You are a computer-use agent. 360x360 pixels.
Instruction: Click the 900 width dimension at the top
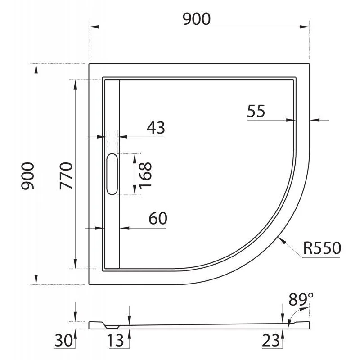pyautogui.click(x=197, y=18)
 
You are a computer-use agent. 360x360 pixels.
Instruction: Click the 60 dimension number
pyautogui.click(x=157, y=219)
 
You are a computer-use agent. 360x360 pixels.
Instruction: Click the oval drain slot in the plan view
pyautogui.click(x=112, y=174)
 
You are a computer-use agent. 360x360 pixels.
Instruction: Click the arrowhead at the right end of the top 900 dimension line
pyautogui.click(x=308, y=27)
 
